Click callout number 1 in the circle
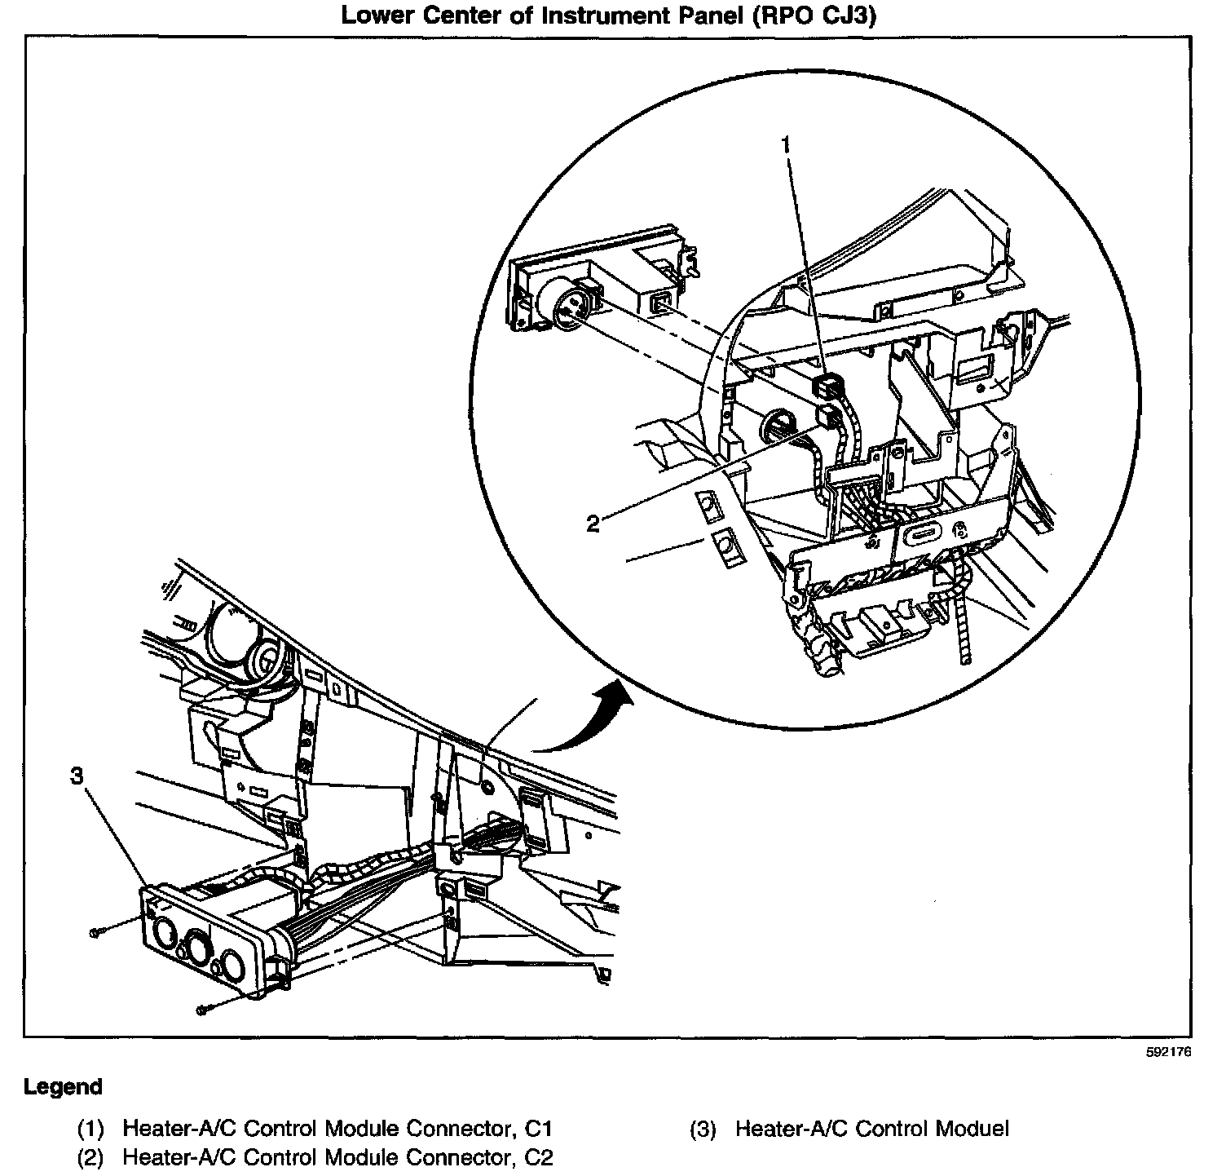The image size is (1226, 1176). [786, 146]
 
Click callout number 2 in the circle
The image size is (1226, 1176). [593, 524]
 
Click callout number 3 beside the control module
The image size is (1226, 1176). [77, 776]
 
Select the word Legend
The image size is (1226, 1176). [64, 1087]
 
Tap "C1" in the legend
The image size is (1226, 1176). [539, 1130]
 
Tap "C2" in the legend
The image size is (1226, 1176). [540, 1157]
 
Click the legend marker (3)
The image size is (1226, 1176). [702, 1130]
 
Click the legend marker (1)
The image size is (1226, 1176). [90, 1130]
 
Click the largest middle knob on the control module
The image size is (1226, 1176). [198, 949]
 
